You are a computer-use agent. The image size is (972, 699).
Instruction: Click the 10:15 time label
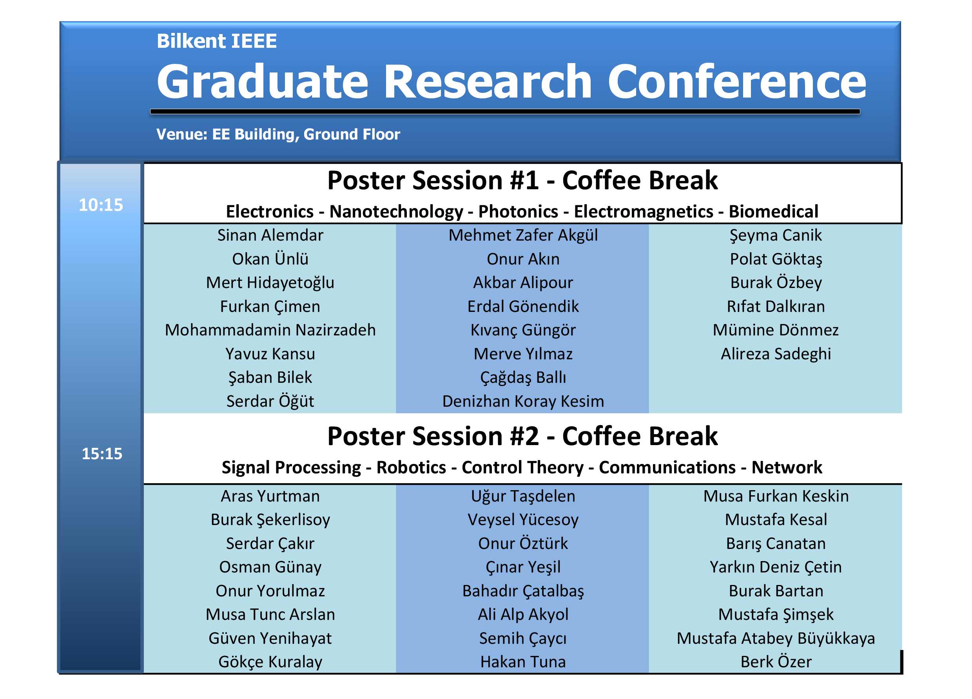[101, 205]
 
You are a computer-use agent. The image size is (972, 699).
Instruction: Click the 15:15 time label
[102, 453]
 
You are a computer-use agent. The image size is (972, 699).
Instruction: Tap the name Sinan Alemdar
[270, 235]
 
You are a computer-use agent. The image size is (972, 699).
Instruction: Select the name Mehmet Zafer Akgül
[523, 235]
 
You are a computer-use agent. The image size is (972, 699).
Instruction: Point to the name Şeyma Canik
[776, 236]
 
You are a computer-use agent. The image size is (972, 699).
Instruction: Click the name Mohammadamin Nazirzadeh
[270, 330]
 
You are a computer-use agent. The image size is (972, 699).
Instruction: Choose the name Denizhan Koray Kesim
[523, 401]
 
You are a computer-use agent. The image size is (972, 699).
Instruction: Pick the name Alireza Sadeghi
[776, 354]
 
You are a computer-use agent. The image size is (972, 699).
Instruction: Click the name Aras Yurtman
[270, 496]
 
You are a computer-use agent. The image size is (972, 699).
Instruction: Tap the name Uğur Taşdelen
[523, 496]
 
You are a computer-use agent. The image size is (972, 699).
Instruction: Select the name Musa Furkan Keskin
[776, 496]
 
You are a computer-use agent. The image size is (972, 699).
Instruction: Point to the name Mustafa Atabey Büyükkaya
[776, 639]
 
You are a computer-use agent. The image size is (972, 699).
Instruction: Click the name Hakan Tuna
[523, 662]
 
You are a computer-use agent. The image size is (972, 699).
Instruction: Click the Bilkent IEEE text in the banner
[216, 41]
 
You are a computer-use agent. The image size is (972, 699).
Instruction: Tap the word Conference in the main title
[737, 81]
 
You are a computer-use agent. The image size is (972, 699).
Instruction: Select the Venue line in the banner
[278, 134]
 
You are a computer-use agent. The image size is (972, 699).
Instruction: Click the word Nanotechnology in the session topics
[396, 212]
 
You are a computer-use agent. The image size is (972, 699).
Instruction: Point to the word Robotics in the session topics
[411, 467]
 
